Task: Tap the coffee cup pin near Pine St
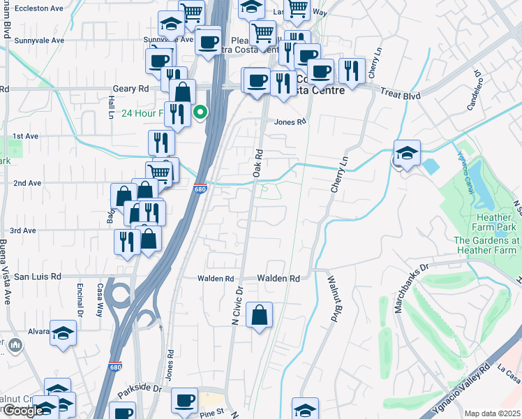185,401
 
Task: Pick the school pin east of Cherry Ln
405,154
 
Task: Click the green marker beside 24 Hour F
200,112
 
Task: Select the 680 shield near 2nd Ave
200,189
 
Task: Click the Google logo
23,411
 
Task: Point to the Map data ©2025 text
492,413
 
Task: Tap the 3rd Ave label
23,230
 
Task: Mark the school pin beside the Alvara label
64,333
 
